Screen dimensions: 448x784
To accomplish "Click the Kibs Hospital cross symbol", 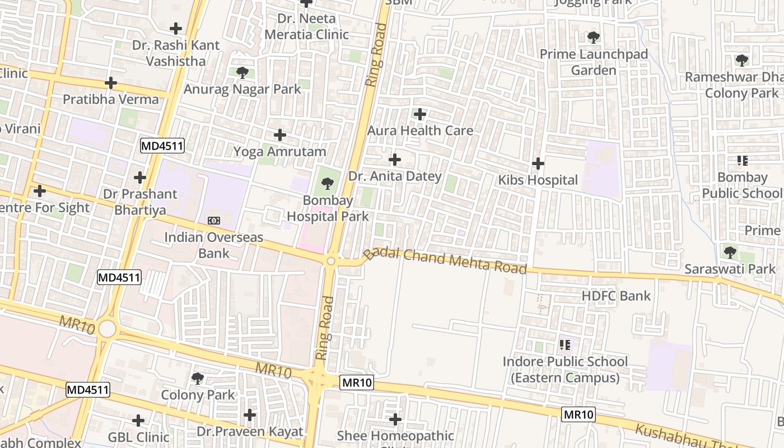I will (x=538, y=164).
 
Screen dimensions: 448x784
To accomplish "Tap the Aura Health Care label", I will (x=420, y=130).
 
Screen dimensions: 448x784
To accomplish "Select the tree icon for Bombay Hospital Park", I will (x=328, y=183).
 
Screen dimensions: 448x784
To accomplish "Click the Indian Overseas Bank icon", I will (x=214, y=221).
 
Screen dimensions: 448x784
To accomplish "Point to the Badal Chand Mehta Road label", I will (x=445, y=261).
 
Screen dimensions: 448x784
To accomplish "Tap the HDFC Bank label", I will (x=616, y=296).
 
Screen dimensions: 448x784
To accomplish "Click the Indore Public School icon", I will (x=564, y=344).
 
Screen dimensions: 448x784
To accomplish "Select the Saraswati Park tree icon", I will (x=730, y=252).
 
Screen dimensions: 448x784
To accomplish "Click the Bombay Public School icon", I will (x=743, y=161).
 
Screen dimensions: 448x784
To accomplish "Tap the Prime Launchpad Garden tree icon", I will (x=594, y=38).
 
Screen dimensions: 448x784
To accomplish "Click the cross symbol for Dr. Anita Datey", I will (x=395, y=160).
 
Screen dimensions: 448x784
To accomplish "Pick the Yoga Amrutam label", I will (x=279, y=152).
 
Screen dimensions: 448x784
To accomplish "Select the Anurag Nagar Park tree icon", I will (x=242, y=72).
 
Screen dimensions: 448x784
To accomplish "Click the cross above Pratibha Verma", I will (x=111, y=83).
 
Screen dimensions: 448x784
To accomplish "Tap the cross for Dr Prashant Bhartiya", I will (x=140, y=178).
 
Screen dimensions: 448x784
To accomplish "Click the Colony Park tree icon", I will (x=198, y=378).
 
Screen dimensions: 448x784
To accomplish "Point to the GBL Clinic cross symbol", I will (x=138, y=420).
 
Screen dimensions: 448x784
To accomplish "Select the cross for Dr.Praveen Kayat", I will (x=250, y=415).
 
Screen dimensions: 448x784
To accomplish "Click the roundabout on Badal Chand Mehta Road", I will (x=331, y=261).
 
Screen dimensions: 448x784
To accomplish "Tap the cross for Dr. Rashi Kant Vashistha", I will (x=176, y=28).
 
